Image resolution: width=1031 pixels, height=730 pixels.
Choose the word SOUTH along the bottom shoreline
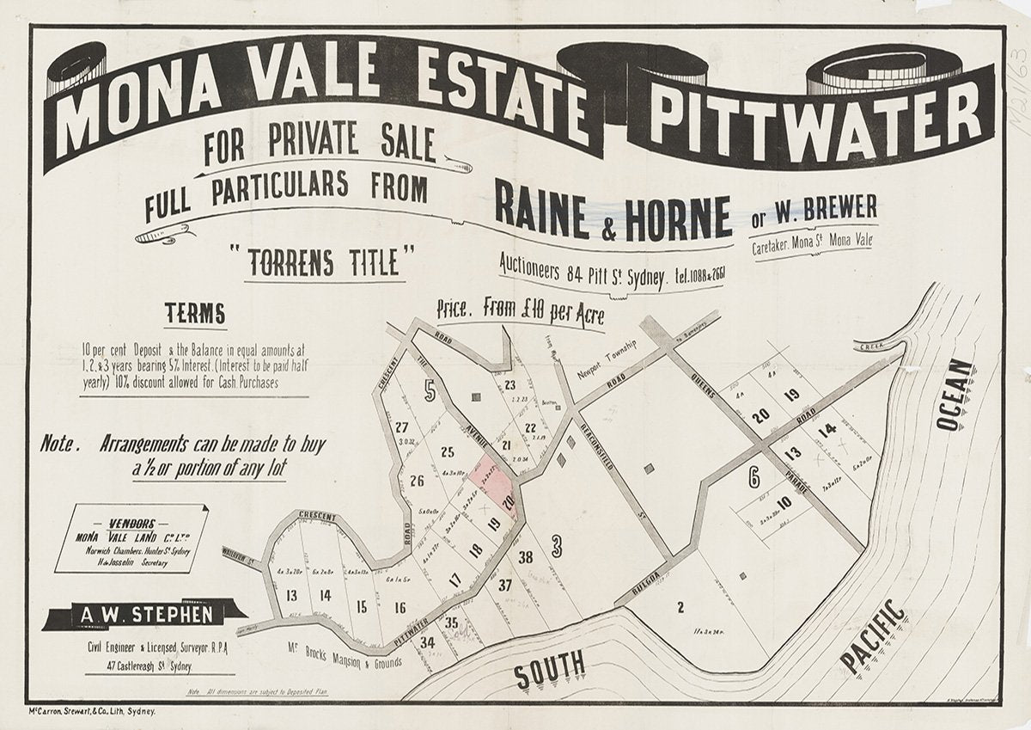[x=550, y=666]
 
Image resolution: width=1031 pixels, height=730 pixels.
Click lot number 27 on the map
[x=401, y=427]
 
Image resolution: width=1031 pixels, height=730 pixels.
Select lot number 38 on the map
[x=526, y=556]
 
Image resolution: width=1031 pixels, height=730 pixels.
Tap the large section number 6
[x=753, y=477]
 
